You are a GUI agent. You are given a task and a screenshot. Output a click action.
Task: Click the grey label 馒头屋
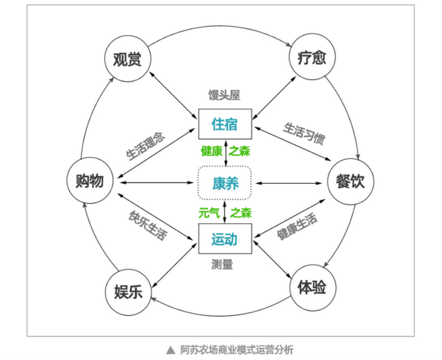click(224, 95)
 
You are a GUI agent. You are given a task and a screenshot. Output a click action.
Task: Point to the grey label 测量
click(222, 265)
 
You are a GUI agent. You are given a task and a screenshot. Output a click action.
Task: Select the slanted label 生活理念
click(146, 146)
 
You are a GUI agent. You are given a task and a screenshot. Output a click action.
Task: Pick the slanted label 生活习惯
click(304, 133)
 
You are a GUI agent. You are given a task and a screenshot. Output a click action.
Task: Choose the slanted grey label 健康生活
click(297, 227)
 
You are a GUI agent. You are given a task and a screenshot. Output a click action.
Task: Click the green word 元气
click(209, 213)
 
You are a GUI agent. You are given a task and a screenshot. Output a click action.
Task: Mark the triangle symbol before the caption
click(171, 350)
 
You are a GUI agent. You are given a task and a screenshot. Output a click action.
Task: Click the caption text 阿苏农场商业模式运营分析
click(237, 350)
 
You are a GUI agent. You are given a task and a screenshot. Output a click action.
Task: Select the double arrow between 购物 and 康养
click(157, 183)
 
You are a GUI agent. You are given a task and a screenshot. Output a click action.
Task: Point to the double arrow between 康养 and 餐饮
click(289, 183)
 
